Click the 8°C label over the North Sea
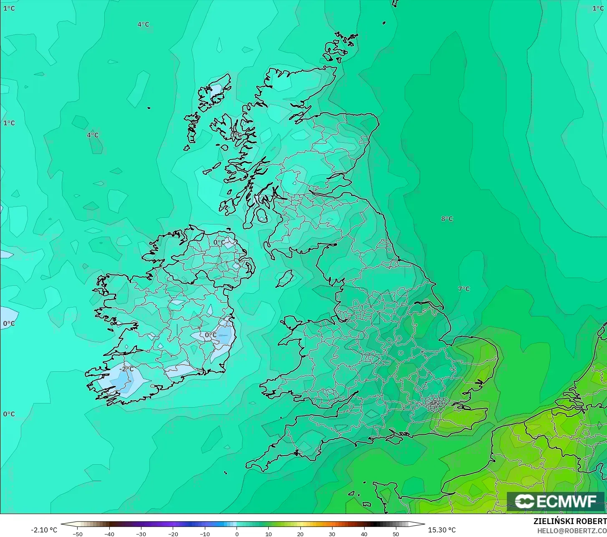(x=447, y=219)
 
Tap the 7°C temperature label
(x=463, y=289)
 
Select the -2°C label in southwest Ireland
(x=127, y=369)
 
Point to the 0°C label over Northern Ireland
(x=219, y=242)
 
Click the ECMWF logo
(x=556, y=501)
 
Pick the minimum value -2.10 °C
(x=44, y=530)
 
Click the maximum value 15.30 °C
(x=442, y=530)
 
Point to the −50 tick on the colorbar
(x=78, y=534)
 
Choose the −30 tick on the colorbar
(x=141, y=534)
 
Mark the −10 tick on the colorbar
(x=205, y=534)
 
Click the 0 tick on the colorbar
(x=237, y=534)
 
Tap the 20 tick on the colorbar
(x=300, y=534)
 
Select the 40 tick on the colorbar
(x=364, y=534)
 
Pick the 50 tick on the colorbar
(x=395, y=534)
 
